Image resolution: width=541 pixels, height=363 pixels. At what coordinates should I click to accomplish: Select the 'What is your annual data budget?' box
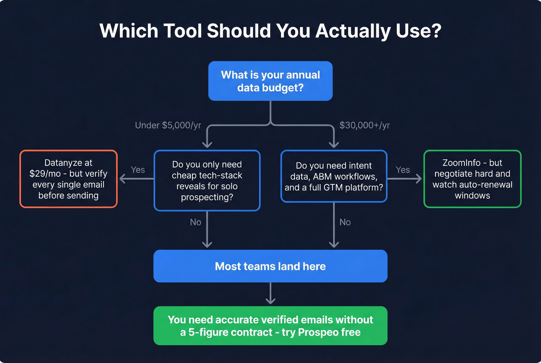(270, 81)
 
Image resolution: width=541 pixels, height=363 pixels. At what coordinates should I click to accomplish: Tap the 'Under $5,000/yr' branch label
(168, 125)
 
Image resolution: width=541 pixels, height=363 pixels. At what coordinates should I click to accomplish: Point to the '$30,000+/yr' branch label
(364, 125)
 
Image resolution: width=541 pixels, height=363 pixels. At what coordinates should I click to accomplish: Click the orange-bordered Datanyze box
(68, 179)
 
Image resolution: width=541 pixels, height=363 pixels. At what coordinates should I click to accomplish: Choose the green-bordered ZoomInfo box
(472, 179)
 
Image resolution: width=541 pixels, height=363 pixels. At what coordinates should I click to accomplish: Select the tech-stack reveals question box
(207, 181)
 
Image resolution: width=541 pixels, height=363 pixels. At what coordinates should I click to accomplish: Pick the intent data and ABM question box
(334, 176)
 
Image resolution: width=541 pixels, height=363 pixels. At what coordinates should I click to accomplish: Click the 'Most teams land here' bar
(270, 266)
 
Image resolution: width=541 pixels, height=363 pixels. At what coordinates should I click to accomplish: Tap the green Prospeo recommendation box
(270, 326)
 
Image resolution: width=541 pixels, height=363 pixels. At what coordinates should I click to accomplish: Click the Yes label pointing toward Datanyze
(138, 170)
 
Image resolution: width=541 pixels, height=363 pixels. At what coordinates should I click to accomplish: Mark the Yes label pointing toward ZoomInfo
(403, 170)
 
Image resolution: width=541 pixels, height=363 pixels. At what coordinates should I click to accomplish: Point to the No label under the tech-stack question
(196, 222)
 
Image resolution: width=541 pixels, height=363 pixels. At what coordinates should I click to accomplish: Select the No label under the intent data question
(345, 222)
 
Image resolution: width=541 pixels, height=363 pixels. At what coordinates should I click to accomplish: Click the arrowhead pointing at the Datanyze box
(122, 179)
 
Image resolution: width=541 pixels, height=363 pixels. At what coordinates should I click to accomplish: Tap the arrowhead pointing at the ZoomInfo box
(419, 179)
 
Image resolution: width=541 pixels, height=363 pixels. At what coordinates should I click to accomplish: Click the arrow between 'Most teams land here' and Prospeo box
(270, 294)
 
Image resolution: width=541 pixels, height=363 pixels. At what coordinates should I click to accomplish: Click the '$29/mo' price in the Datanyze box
(45, 174)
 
